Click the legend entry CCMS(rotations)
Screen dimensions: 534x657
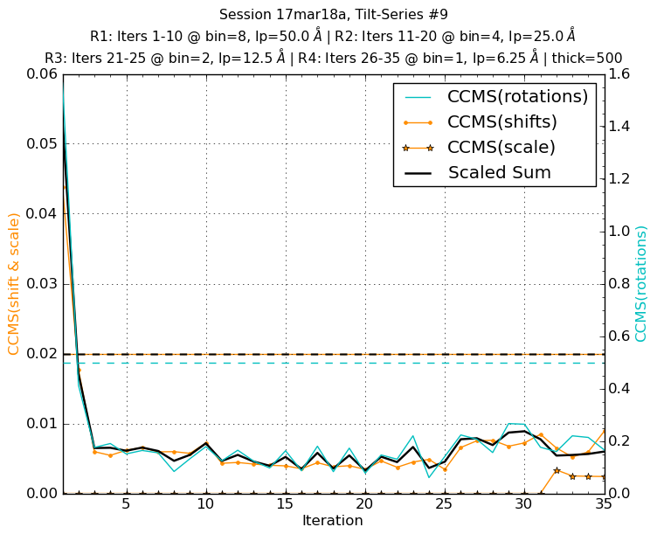517,97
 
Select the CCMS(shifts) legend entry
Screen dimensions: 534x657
502,122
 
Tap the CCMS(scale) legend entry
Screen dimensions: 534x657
501,148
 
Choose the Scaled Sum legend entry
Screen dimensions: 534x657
499,173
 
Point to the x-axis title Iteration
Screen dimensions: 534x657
332,521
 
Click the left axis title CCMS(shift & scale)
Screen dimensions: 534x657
14,283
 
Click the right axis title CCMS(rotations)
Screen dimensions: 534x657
642,283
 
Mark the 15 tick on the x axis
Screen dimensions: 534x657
285,504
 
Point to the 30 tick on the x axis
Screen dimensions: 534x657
523,504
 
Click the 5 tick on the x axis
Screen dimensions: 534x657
126,504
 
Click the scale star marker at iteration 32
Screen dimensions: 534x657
557,470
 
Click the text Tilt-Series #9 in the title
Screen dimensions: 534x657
391,15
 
